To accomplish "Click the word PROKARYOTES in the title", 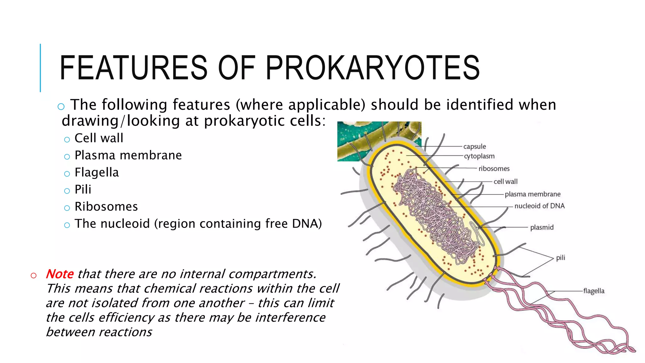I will click(x=373, y=67).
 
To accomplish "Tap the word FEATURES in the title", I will click(x=133, y=67).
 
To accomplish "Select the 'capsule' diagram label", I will click(x=475, y=147).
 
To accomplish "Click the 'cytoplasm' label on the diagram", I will click(x=479, y=156).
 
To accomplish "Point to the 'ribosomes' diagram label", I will click(x=494, y=169).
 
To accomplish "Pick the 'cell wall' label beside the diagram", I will click(x=505, y=181).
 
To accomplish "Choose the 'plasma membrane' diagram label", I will click(x=533, y=194).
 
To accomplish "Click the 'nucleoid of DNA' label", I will click(x=539, y=206).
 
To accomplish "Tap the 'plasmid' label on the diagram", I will click(x=542, y=228).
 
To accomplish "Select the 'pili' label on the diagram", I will click(x=561, y=258).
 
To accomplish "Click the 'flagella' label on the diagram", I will click(x=594, y=291).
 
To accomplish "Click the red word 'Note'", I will click(x=60, y=274).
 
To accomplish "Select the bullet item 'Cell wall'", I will click(x=99, y=138).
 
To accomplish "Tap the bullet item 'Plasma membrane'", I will click(x=128, y=155).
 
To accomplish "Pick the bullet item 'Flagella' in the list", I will click(x=96, y=173).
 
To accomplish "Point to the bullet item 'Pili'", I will click(x=83, y=190).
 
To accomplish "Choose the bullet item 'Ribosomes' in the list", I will click(x=106, y=207).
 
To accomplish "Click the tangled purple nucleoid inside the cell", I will click(x=435, y=214).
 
